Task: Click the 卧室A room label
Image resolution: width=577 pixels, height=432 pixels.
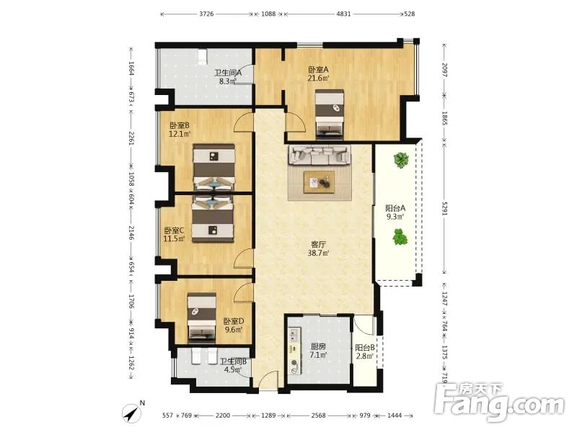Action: [x=318, y=69]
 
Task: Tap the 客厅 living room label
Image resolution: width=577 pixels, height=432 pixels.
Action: [x=318, y=244]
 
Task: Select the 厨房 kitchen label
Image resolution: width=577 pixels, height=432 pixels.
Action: [x=318, y=346]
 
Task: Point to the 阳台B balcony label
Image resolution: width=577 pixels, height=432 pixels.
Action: [x=365, y=348]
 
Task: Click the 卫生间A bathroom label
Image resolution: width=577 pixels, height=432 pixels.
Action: [x=228, y=73]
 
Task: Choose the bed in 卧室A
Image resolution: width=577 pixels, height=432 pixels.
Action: [x=330, y=114]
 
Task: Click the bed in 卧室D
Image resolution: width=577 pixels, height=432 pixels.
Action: [x=202, y=317]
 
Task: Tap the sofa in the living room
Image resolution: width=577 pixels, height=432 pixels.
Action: [x=319, y=155]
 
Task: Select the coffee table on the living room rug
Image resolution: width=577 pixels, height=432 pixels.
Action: [x=319, y=182]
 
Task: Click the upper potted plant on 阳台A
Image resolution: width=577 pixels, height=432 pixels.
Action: [x=401, y=160]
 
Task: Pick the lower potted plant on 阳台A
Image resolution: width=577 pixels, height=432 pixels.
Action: [x=400, y=237]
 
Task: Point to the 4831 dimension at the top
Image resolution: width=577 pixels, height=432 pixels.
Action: [x=344, y=14]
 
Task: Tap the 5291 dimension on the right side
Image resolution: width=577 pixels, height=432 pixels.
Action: [x=444, y=208]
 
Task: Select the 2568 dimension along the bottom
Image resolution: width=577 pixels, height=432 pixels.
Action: [x=318, y=415]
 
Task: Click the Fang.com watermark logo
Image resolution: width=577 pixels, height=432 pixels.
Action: [x=499, y=402]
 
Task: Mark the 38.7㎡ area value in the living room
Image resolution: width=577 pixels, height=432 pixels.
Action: [x=318, y=253]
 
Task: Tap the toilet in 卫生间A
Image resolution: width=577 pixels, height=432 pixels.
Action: [x=202, y=57]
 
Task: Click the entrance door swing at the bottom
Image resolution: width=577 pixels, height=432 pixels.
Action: [x=268, y=380]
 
